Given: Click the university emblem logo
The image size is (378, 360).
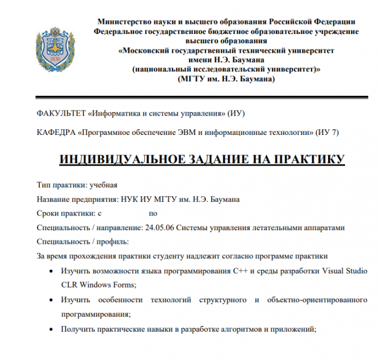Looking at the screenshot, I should pos(51,46).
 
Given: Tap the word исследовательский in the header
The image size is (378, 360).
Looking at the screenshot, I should pos(217,70).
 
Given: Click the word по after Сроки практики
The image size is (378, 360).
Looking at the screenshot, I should pos(153,214).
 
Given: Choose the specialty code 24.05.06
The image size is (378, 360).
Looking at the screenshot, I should pos(160,228).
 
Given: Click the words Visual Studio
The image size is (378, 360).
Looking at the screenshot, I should pos(345,271).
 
